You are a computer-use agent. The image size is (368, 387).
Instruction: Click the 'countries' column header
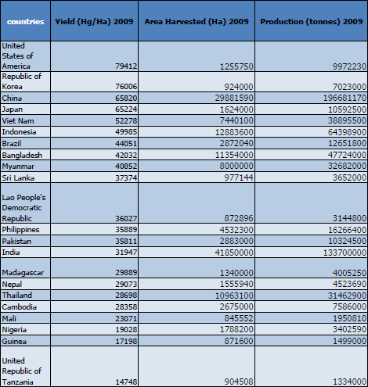pyautogui.click(x=26, y=22)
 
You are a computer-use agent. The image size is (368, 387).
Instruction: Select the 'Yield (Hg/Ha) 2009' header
pyautogui.click(x=94, y=22)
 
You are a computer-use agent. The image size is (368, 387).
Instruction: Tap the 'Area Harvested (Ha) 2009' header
pyautogui.click(x=197, y=22)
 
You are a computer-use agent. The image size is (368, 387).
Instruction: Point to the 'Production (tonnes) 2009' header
pyautogui.click(x=312, y=22)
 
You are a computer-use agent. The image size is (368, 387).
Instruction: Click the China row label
pyautogui.click(x=12, y=99)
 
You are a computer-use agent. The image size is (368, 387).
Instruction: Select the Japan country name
pyautogui.click(x=13, y=109)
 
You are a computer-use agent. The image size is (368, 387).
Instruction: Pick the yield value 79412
pyautogui.click(x=126, y=66)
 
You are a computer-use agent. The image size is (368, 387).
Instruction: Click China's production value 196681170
pyautogui.click(x=345, y=99)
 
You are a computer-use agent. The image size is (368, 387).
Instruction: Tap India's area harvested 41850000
pyautogui.click(x=234, y=253)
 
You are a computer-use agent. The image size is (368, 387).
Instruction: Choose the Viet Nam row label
pyautogui.click(x=18, y=121)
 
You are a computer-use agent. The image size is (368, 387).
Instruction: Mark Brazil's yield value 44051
pyautogui.click(x=126, y=144)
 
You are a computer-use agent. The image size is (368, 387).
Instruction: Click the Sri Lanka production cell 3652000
pyautogui.click(x=349, y=177)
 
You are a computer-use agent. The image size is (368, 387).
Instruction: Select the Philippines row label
pyautogui.click(x=20, y=230)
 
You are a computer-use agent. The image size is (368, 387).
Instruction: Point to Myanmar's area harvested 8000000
pyautogui.click(x=236, y=167)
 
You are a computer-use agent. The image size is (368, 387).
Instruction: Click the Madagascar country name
pyautogui.click(x=23, y=273)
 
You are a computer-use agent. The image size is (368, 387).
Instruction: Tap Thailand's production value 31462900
pyautogui.click(x=347, y=296)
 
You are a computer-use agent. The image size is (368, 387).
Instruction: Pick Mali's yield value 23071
pyautogui.click(x=126, y=318)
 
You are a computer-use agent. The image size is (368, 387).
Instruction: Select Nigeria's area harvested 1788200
pyautogui.click(x=236, y=330)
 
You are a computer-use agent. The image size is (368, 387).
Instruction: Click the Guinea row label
pyautogui.click(x=14, y=341)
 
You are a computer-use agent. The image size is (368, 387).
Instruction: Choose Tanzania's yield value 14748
pyautogui.click(x=126, y=382)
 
